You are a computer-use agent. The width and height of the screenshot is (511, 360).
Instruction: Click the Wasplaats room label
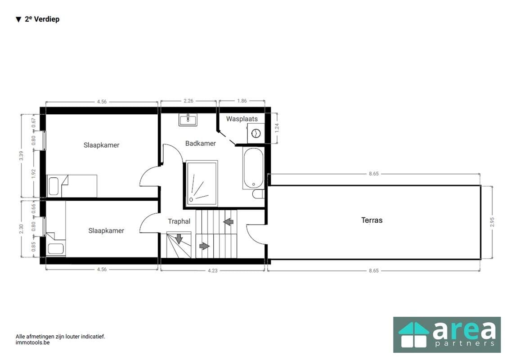tap(242, 119)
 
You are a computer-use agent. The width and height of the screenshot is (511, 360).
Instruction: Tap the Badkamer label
tap(201, 143)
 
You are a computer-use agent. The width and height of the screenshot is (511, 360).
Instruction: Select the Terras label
tap(372, 220)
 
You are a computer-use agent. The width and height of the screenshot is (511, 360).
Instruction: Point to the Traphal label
tap(179, 221)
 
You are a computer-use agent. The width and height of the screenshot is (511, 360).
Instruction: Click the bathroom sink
tap(188, 120)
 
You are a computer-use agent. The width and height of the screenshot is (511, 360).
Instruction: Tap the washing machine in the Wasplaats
tap(256, 133)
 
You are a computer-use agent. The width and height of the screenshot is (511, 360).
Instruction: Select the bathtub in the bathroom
tap(254, 168)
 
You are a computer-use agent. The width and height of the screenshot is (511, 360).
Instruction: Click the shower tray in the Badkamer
tap(202, 183)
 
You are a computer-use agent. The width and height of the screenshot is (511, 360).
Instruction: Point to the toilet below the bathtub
tap(259, 194)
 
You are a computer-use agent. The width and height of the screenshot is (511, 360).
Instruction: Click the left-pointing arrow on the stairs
tap(229, 222)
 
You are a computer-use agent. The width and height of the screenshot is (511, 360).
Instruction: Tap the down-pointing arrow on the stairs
tap(179, 238)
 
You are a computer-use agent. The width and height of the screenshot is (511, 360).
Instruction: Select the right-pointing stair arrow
tap(204, 246)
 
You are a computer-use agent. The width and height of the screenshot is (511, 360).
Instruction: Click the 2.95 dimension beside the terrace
tap(492, 222)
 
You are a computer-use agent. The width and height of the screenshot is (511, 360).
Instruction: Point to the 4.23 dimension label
tap(212, 270)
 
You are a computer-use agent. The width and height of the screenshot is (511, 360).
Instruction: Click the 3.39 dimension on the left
tap(21, 156)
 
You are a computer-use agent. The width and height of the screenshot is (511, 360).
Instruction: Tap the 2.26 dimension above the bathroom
tap(188, 101)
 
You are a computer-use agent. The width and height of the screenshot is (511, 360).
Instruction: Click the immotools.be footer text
tap(32, 342)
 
